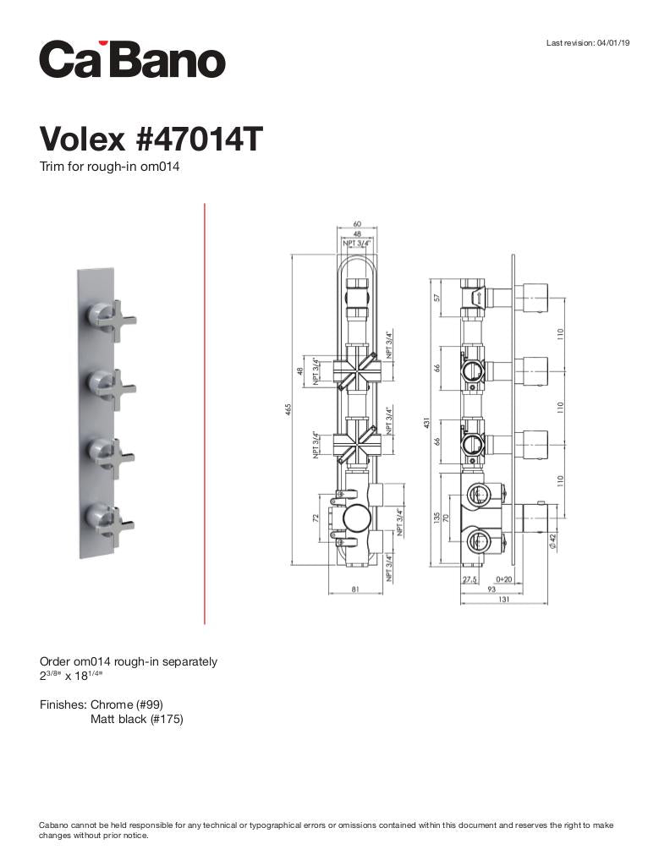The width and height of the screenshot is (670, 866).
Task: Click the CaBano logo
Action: (x=132, y=60)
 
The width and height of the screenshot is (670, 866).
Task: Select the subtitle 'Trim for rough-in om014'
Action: (x=109, y=167)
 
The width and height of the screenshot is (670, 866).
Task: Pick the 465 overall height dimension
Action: (x=288, y=410)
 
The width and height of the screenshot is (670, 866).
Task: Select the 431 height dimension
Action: (x=426, y=422)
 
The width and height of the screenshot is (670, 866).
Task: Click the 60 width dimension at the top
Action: (x=357, y=225)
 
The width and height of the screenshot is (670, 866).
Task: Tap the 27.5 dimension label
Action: (x=471, y=579)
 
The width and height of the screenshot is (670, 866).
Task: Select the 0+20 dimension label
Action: (x=503, y=579)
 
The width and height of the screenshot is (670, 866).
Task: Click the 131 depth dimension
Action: (x=504, y=600)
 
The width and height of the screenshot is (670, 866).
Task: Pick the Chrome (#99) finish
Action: (x=126, y=704)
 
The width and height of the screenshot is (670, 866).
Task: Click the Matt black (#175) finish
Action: (x=136, y=720)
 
